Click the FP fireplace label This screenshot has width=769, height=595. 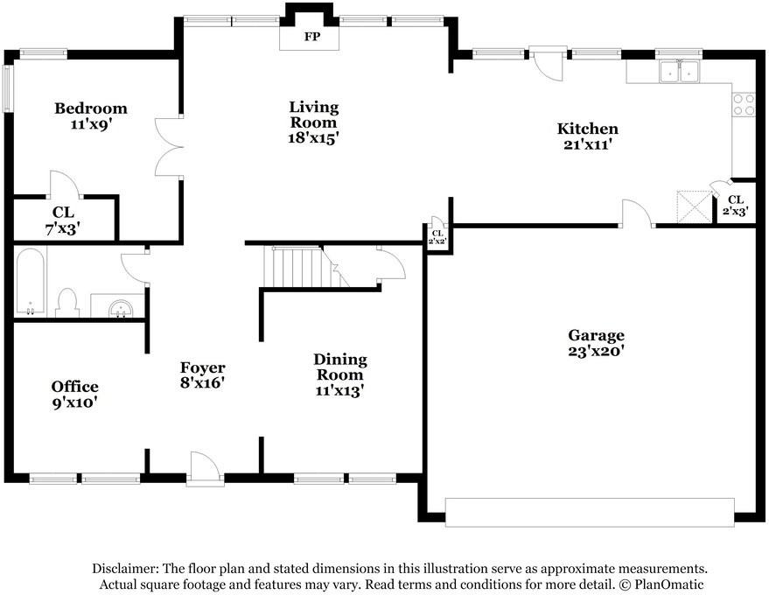pos(312,37)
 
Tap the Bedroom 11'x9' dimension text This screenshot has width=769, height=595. pos(91,124)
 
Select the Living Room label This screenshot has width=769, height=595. pos(314,115)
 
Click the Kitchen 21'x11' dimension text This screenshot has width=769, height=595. pos(587,144)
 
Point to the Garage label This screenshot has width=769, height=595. pos(596,335)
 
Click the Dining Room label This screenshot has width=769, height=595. pos(339,367)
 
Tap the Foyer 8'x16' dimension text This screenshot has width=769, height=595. pos(202,382)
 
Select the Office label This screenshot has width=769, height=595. pos(74,387)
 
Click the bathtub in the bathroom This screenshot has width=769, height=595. pos(30,282)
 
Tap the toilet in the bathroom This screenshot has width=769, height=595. pos(67,303)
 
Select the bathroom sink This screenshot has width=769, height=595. pos(120,309)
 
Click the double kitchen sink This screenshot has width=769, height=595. pos(679,72)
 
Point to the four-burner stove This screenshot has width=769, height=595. pos(744,104)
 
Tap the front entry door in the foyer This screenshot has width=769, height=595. pos(206,468)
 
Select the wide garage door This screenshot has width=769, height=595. pos(590,513)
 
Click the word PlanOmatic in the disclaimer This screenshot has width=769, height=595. pos(669,584)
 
